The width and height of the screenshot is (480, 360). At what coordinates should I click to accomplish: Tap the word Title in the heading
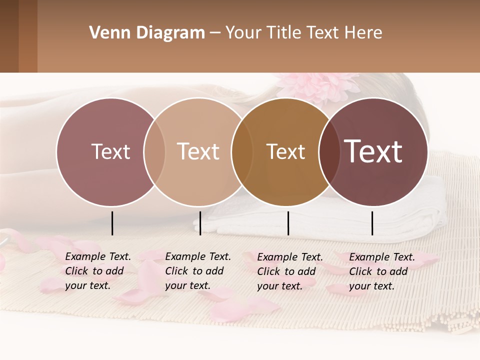285,33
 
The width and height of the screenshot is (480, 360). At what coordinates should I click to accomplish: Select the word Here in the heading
364,33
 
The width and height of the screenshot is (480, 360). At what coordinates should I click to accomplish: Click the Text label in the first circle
110,152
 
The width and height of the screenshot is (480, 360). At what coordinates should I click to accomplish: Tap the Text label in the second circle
198,151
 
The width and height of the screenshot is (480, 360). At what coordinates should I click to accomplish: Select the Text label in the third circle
285,152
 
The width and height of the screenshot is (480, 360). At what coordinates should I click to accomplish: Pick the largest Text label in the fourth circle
373,151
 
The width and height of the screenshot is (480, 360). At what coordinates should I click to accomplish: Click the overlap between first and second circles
154,152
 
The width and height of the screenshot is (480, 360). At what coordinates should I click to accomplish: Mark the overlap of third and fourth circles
328,152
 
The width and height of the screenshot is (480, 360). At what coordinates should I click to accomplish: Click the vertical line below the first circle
112,223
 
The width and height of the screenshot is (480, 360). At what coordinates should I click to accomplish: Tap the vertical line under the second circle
200,223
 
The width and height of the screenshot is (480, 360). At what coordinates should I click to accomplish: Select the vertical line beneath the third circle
288,223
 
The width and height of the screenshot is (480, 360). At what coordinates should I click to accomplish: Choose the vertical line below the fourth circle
372,223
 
